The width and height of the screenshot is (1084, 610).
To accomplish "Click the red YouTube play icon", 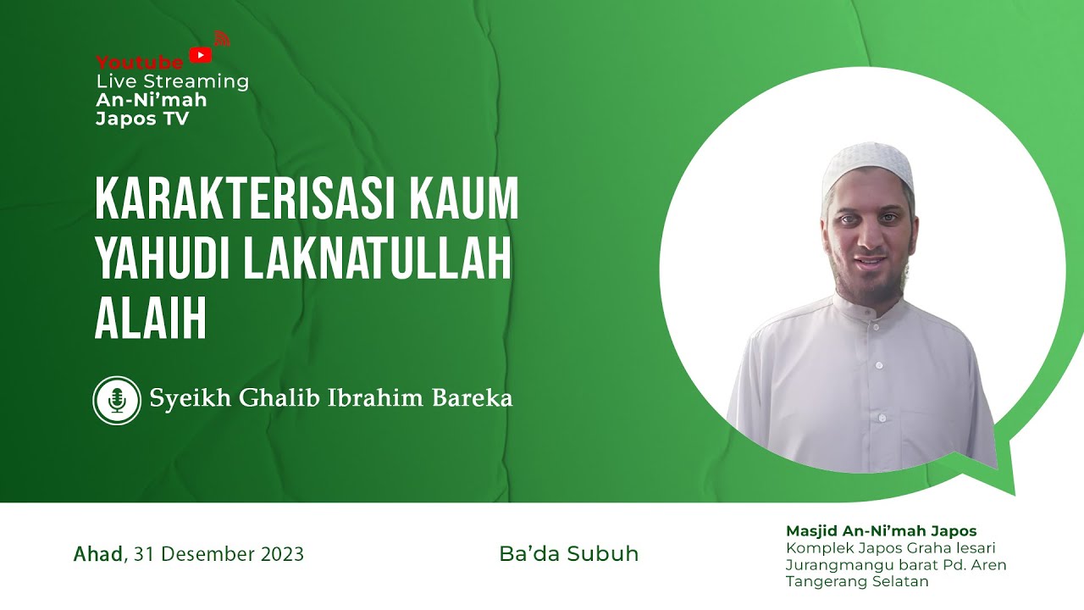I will point(201,56).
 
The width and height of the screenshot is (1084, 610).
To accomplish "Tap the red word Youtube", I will point(140,63).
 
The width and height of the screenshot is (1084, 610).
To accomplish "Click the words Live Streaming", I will point(173,82).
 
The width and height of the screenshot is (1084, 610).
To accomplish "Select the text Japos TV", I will point(142,119).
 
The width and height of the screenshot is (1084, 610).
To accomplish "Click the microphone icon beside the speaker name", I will point(117,400).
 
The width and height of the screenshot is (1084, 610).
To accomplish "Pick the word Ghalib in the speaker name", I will point(277,398).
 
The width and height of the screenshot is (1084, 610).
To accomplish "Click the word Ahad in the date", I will point(98,554).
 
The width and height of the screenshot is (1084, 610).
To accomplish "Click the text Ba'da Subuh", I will point(569,554).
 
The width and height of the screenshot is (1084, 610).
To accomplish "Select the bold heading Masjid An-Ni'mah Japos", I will point(881,531).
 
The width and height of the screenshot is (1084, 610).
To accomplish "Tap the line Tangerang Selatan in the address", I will point(857,581).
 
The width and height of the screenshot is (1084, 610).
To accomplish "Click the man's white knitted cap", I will point(867,166).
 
